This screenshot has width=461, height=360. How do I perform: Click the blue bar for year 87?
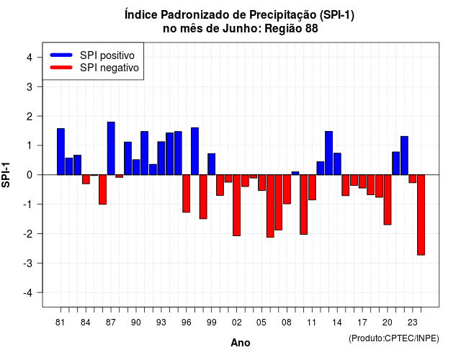click(111, 148)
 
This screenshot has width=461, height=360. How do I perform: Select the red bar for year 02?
click(236, 205)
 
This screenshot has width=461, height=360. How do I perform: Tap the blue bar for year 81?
click(61, 152)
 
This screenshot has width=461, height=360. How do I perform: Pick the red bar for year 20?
click(388, 200)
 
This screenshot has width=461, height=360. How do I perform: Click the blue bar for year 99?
click(211, 164)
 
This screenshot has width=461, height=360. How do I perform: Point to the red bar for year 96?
click(186, 194)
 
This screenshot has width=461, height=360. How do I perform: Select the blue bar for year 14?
click(337, 163)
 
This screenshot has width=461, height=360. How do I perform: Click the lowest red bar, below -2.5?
click(421, 215)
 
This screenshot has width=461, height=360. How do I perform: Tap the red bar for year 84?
click(86, 179)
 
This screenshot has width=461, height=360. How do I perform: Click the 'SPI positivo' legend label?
click(107, 55)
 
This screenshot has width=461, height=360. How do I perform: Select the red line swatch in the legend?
click(61, 68)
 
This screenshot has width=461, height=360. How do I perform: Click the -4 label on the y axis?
click(28, 293)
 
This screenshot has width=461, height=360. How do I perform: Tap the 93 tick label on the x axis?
click(161, 323)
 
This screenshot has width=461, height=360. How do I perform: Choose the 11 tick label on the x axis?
click(312, 323)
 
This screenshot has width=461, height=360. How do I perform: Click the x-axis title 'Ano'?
click(240, 343)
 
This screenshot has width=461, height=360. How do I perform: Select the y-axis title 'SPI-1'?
click(6, 175)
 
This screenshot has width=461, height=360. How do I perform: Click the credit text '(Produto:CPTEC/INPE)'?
click(394, 338)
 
